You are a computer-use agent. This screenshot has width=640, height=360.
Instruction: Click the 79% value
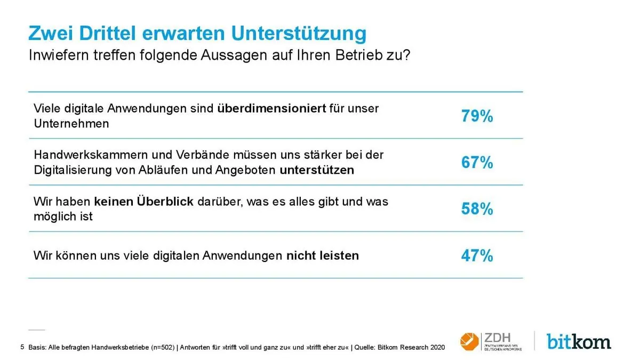point(477,116)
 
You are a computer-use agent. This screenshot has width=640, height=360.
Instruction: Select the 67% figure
point(477,163)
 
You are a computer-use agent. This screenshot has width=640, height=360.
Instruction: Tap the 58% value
point(477,209)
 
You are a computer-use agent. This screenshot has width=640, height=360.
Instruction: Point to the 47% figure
point(477,256)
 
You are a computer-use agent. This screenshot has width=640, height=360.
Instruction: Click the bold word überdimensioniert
point(271,108)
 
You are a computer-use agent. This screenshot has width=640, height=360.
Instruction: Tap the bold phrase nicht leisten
point(322,255)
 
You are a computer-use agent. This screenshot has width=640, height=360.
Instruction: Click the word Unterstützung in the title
point(299,34)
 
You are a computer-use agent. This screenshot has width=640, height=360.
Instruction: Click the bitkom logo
point(579,341)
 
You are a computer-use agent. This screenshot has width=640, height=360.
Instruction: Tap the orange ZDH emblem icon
point(469,341)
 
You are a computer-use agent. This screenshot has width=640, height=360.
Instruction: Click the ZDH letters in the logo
point(497,338)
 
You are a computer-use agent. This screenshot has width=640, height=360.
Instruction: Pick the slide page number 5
point(22,347)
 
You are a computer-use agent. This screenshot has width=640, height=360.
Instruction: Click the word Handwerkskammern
point(85,155)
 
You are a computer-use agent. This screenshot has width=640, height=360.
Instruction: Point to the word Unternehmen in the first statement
point(71,124)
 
